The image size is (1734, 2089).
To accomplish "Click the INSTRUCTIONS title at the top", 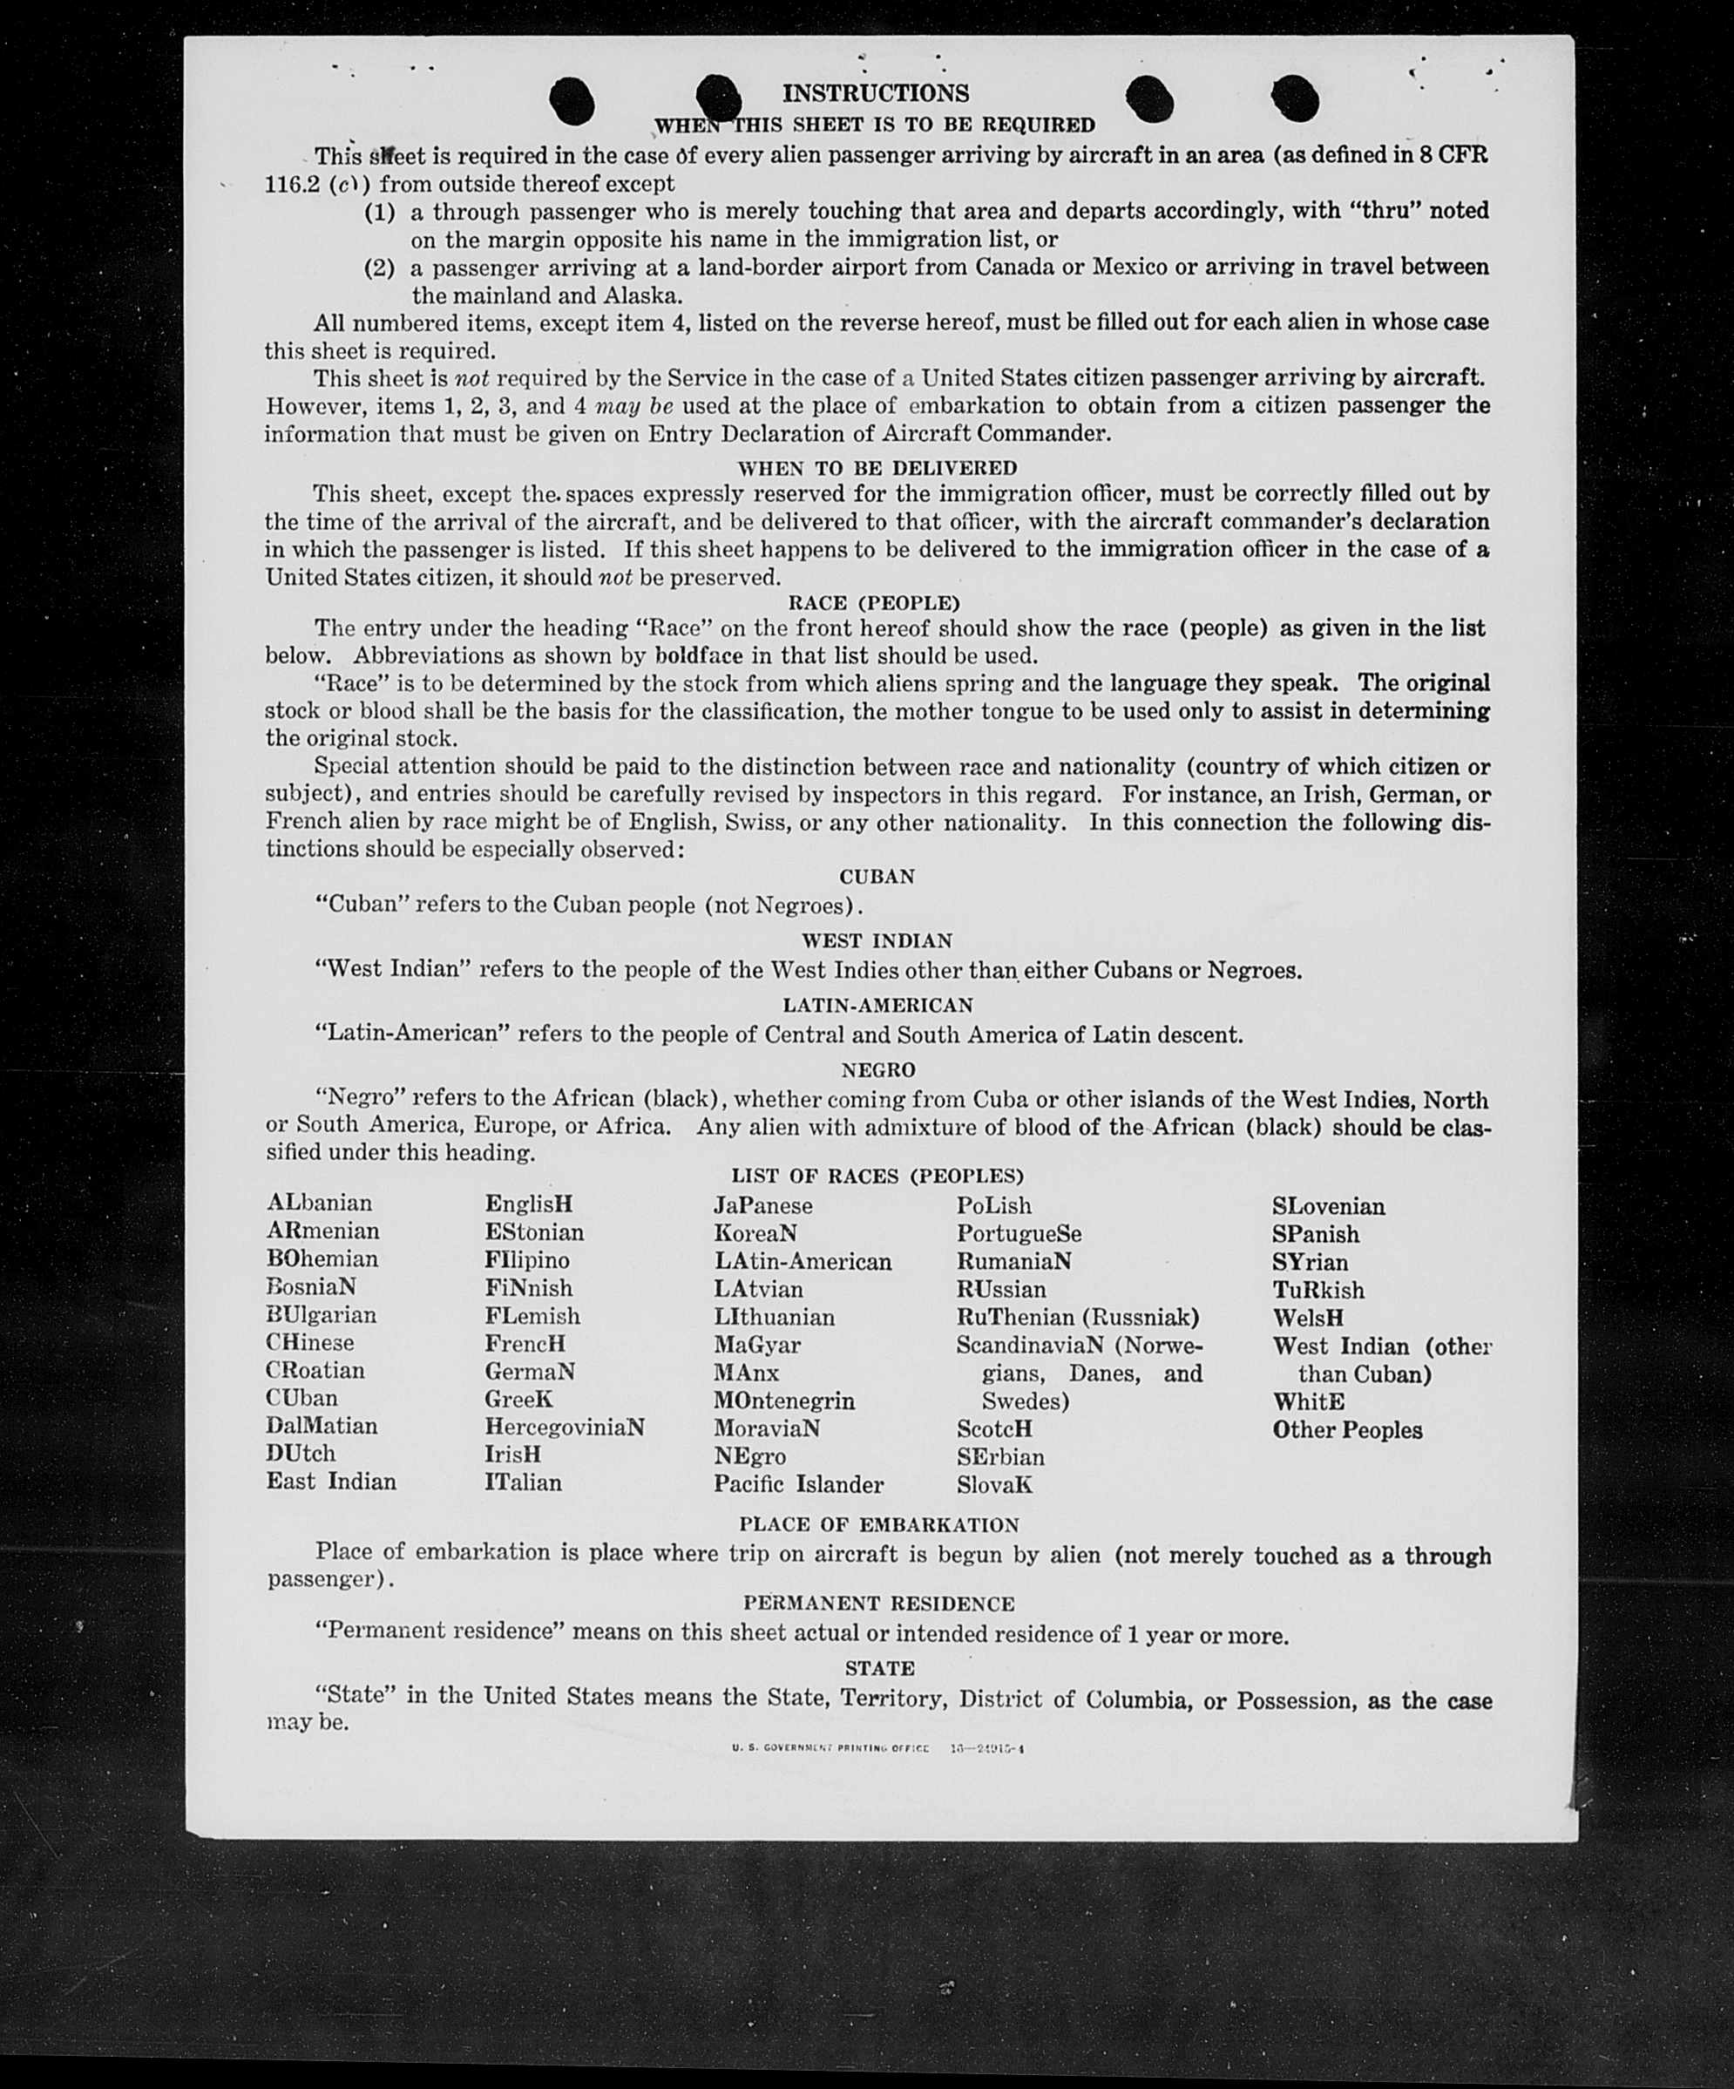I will [876, 93].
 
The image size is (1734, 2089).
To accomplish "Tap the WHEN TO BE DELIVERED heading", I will [877, 467].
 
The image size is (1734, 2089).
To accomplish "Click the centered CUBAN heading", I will [877, 877].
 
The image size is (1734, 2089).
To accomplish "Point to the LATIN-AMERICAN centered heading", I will [877, 1005].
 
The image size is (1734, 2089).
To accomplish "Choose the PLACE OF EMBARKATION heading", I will [878, 1525].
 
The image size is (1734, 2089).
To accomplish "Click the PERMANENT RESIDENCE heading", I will [878, 1604].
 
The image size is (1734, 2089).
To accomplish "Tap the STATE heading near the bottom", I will [879, 1667].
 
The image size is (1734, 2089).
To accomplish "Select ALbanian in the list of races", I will [319, 1203].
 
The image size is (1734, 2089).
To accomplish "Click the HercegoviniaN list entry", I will [564, 1428].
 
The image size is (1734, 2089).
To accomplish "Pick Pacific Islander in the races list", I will [798, 1484].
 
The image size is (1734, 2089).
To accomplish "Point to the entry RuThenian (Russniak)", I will [1077, 1317].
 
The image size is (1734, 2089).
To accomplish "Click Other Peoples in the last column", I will [1347, 1429].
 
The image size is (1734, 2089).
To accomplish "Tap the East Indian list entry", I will [330, 1482].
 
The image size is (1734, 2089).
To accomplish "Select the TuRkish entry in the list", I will [1318, 1290].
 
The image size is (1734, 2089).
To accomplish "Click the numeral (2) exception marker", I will [379, 268].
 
